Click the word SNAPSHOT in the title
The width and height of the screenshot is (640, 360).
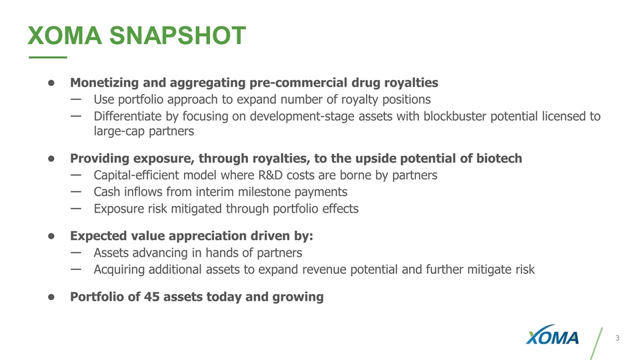coord(178,35)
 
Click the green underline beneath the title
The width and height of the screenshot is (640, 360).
coord(47,58)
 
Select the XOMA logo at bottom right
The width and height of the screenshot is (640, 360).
coord(552,338)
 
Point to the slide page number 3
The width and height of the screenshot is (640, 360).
coord(617,339)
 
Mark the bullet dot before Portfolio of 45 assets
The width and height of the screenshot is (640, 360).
coord(50,297)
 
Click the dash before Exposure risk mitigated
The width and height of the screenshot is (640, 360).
coord(75,208)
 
